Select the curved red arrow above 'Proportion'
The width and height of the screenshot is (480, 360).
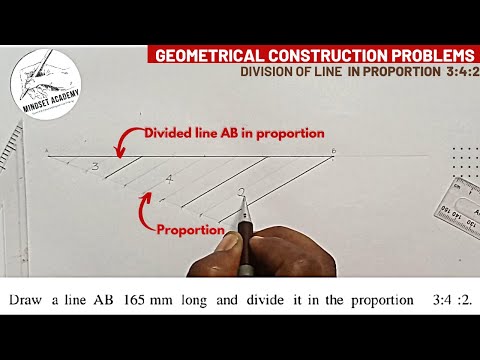coord(146,207)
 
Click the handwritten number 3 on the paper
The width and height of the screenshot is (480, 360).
coord(94,167)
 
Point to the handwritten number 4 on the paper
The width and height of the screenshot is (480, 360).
coord(170,180)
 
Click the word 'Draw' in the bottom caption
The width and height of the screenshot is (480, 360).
coord(30,299)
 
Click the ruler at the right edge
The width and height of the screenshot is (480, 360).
coord(463,200)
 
